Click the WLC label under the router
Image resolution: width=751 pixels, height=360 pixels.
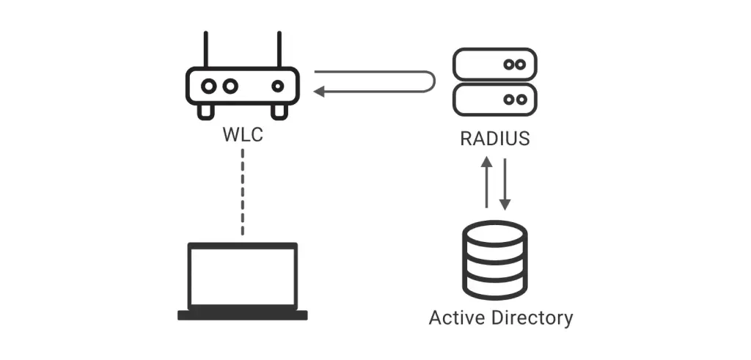click(242, 136)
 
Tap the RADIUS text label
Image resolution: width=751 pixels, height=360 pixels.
click(494, 139)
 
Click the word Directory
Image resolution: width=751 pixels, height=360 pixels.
click(532, 318)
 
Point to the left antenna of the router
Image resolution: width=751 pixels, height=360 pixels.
click(206, 48)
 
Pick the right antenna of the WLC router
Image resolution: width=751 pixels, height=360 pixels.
click(279, 48)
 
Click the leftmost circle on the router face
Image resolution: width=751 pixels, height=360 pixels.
click(209, 86)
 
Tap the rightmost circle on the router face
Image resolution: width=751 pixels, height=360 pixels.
click(277, 86)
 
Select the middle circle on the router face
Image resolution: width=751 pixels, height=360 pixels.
click(230, 86)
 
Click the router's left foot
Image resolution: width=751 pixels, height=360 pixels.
click(206, 110)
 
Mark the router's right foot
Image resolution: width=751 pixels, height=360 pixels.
click(279, 110)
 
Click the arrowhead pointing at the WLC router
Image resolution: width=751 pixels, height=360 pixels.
click(319, 92)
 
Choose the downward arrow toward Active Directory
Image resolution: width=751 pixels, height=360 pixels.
click(504, 183)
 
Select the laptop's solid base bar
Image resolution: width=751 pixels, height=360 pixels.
click(242, 315)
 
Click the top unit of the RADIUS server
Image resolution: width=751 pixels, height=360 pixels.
click(494, 65)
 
